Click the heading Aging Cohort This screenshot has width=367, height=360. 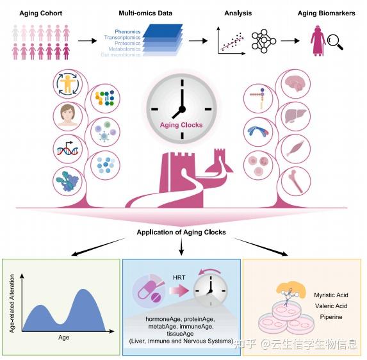(x=41, y=13)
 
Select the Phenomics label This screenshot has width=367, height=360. (x=127, y=31)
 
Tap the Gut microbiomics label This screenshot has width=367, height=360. (x=120, y=54)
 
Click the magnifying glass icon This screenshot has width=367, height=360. (x=335, y=42)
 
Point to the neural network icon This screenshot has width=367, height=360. (x=263, y=41)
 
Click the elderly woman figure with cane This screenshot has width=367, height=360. (x=318, y=41)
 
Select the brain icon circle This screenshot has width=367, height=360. (x=295, y=83)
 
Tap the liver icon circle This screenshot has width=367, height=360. (x=295, y=117)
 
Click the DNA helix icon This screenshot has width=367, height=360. (x=68, y=149)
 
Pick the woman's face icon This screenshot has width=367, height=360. (x=68, y=116)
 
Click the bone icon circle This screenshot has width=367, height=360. (x=296, y=181)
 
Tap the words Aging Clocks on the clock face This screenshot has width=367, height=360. (x=181, y=125)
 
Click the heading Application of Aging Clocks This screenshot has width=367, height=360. (x=181, y=232)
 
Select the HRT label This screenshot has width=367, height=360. (x=179, y=277)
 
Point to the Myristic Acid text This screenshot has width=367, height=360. (x=331, y=295)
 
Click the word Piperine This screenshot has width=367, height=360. (x=331, y=317)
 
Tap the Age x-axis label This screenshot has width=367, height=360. (x=63, y=338)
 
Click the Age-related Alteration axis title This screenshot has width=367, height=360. (x=12, y=304)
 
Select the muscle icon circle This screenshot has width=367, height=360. (x=296, y=149)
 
